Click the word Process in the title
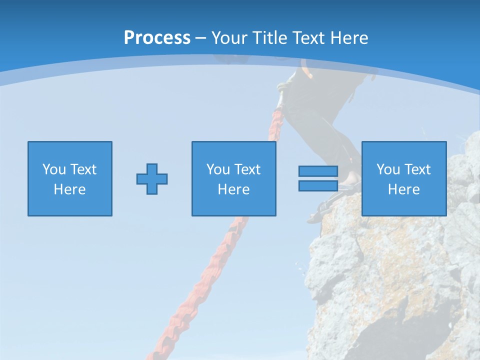(157, 38)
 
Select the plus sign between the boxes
(152, 178)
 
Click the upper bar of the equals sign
(318, 171)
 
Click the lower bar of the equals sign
(318, 185)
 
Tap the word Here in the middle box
(234, 189)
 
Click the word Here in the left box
(70, 189)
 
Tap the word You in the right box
(388, 169)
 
